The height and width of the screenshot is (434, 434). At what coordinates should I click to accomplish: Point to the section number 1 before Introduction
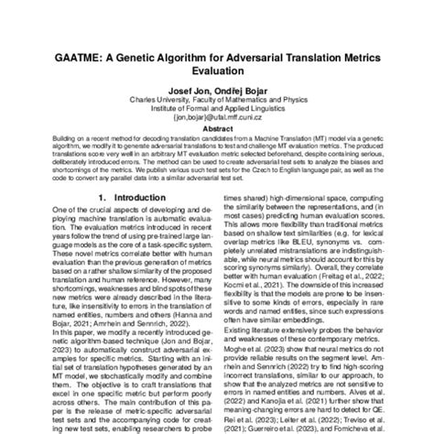(89, 222)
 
